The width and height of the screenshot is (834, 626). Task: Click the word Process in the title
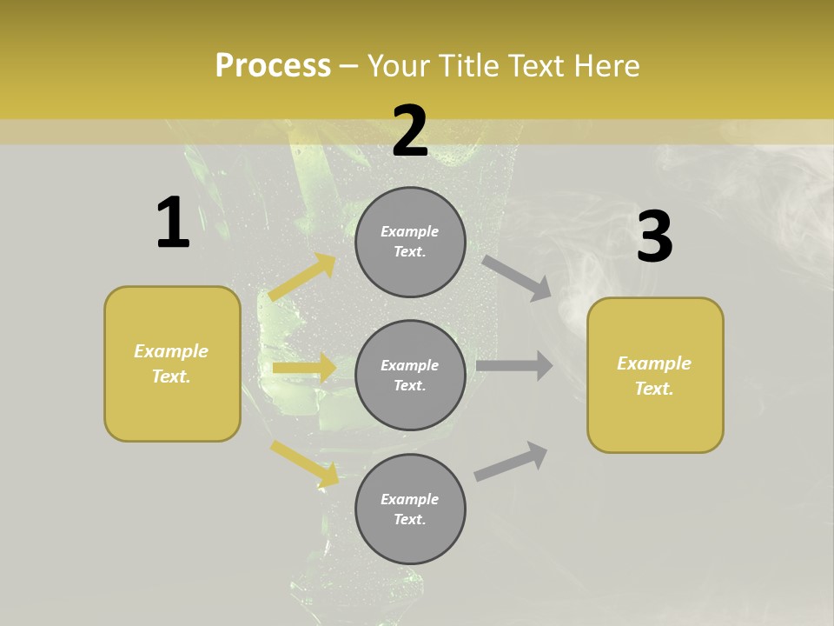coord(273,65)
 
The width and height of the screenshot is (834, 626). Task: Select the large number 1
coord(172,223)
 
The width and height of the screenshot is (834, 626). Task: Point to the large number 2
coord(410,131)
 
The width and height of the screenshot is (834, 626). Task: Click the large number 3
coord(654,236)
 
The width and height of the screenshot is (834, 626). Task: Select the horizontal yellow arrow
coord(304,368)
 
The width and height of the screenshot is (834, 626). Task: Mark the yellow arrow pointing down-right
coord(305,463)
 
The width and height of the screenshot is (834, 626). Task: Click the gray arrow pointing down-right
coord(517,278)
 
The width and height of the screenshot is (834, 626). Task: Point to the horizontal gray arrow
coord(514,365)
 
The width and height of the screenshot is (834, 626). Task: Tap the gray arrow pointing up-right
coord(512,461)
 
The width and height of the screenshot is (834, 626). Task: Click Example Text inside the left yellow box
coord(171,363)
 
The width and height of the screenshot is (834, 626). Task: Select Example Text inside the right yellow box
coord(654,376)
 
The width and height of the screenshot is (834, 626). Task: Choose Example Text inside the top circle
coord(410,242)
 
